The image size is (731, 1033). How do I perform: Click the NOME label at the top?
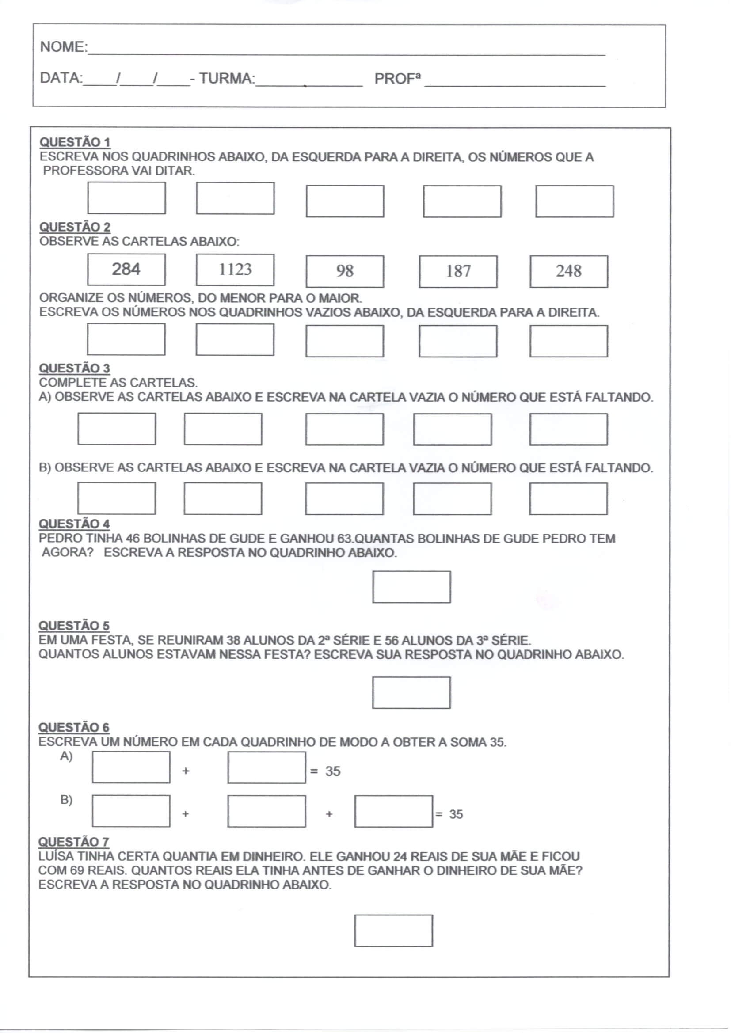click(x=63, y=47)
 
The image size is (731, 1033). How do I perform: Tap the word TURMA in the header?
click(x=226, y=78)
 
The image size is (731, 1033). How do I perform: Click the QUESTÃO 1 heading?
click(x=75, y=142)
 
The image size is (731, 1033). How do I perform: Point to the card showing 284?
click(x=126, y=270)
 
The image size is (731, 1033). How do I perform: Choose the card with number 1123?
click(x=235, y=270)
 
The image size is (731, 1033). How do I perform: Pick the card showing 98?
click(x=345, y=271)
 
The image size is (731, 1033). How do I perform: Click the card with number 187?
click(x=458, y=271)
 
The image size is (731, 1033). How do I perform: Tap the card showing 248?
click(x=568, y=271)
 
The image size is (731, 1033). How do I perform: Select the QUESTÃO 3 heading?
click(x=74, y=368)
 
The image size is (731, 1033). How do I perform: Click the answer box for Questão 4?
click(x=411, y=587)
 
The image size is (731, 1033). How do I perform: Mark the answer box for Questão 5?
click(x=411, y=693)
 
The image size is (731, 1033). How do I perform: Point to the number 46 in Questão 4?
click(x=133, y=539)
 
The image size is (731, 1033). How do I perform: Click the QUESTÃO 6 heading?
click(x=74, y=728)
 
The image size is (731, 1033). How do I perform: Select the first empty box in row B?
click(x=131, y=811)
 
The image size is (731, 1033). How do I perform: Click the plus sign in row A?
click(x=186, y=771)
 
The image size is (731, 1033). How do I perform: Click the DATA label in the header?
click(x=61, y=78)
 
